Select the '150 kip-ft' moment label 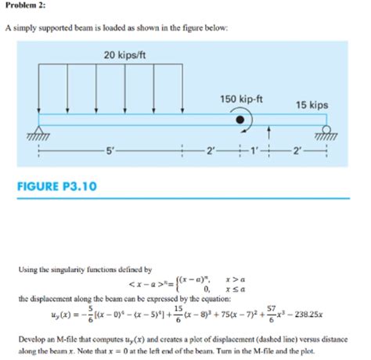(x=242, y=98)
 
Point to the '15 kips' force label (x=312, y=105)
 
